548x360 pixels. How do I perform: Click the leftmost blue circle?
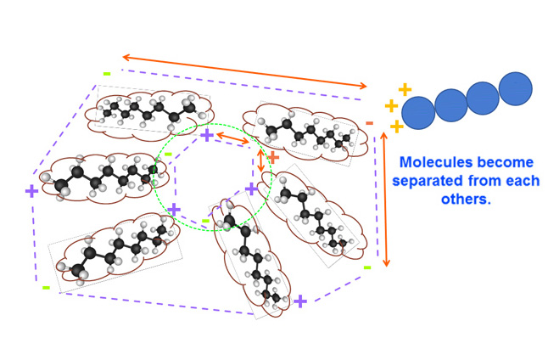click(x=418, y=112)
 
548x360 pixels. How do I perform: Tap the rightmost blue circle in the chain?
click(x=515, y=88)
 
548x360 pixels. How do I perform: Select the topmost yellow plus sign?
click(x=405, y=89)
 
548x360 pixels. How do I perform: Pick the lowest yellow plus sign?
click(x=396, y=127)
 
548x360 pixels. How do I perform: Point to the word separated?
click(x=436, y=182)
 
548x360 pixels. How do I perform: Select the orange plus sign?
click(x=272, y=157)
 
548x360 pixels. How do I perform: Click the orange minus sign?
click(x=370, y=124)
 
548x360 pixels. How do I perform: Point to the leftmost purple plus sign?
click(x=31, y=191)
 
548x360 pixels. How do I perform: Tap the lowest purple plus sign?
click(x=299, y=301)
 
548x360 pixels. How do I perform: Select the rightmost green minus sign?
click(x=367, y=267)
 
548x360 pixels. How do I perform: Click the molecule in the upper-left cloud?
click(x=148, y=109)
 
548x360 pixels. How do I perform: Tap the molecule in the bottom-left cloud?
click(x=115, y=250)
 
